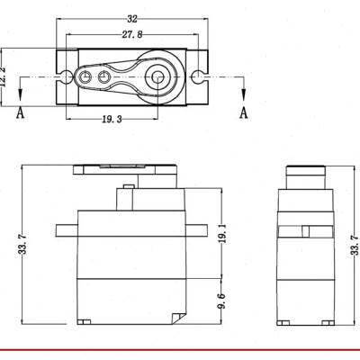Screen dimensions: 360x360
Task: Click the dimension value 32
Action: (132, 19)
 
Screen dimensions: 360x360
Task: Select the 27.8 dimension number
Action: (132, 35)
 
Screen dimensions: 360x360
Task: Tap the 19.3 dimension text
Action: (112, 120)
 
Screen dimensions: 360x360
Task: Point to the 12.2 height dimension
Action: (3, 76)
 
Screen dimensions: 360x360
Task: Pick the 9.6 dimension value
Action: (222, 301)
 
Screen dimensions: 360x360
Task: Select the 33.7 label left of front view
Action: (23, 244)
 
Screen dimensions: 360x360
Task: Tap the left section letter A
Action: (20, 112)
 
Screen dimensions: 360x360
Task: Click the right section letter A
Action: (244, 112)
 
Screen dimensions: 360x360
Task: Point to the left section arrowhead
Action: (20, 94)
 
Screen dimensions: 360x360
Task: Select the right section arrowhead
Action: (244, 94)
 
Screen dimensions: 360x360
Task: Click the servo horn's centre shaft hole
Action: (157, 77)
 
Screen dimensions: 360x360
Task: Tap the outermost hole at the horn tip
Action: (85, 77)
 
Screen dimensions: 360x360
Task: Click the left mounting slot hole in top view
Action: (65, 77)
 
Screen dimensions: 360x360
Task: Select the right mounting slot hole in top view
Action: (198, 77)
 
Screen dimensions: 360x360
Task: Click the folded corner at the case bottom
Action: (178, 319)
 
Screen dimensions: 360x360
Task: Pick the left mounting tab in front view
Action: (67, 230)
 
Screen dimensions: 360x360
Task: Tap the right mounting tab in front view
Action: (196, 230)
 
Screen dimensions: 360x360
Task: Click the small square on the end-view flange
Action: (306, 231)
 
